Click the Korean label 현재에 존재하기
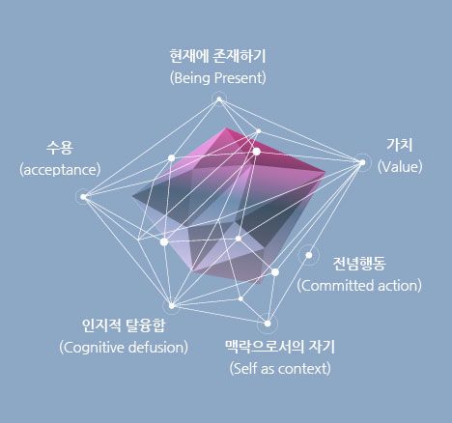click(x=217, y=56)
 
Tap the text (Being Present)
click(x=218, y=78)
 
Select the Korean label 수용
click(x=60, y=148)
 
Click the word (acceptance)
click(x=60, y=170)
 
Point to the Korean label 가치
click(x=400, y=145)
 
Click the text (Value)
click(x=400, y=167)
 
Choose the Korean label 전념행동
click(x=359, y=264)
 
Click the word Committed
click(x=336, y=286)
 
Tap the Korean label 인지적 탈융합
click(x=124, y=325)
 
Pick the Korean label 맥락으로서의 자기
click(x=280, y=347)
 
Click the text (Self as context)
click(x=280, y=369)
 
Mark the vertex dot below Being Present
click(x=219, y=99)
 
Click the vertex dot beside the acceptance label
click(x=83, y=197)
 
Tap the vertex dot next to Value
click(x=362, y=162)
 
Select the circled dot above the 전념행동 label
click(x=309, y=255)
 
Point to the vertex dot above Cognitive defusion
click(x=172, y=305)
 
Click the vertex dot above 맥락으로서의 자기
click(x=268, y=324)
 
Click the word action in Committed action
click(x=399, y=286)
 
